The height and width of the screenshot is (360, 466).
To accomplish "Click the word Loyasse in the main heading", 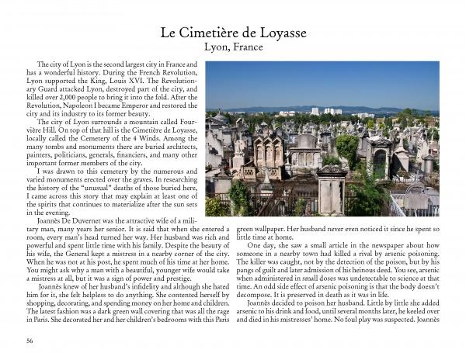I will coord(275,33).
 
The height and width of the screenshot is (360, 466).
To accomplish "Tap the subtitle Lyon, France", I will coord(233,47).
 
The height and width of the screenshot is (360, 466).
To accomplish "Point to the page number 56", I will coord(30,340).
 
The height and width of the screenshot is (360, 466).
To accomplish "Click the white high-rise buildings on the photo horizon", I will coord(329,112).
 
